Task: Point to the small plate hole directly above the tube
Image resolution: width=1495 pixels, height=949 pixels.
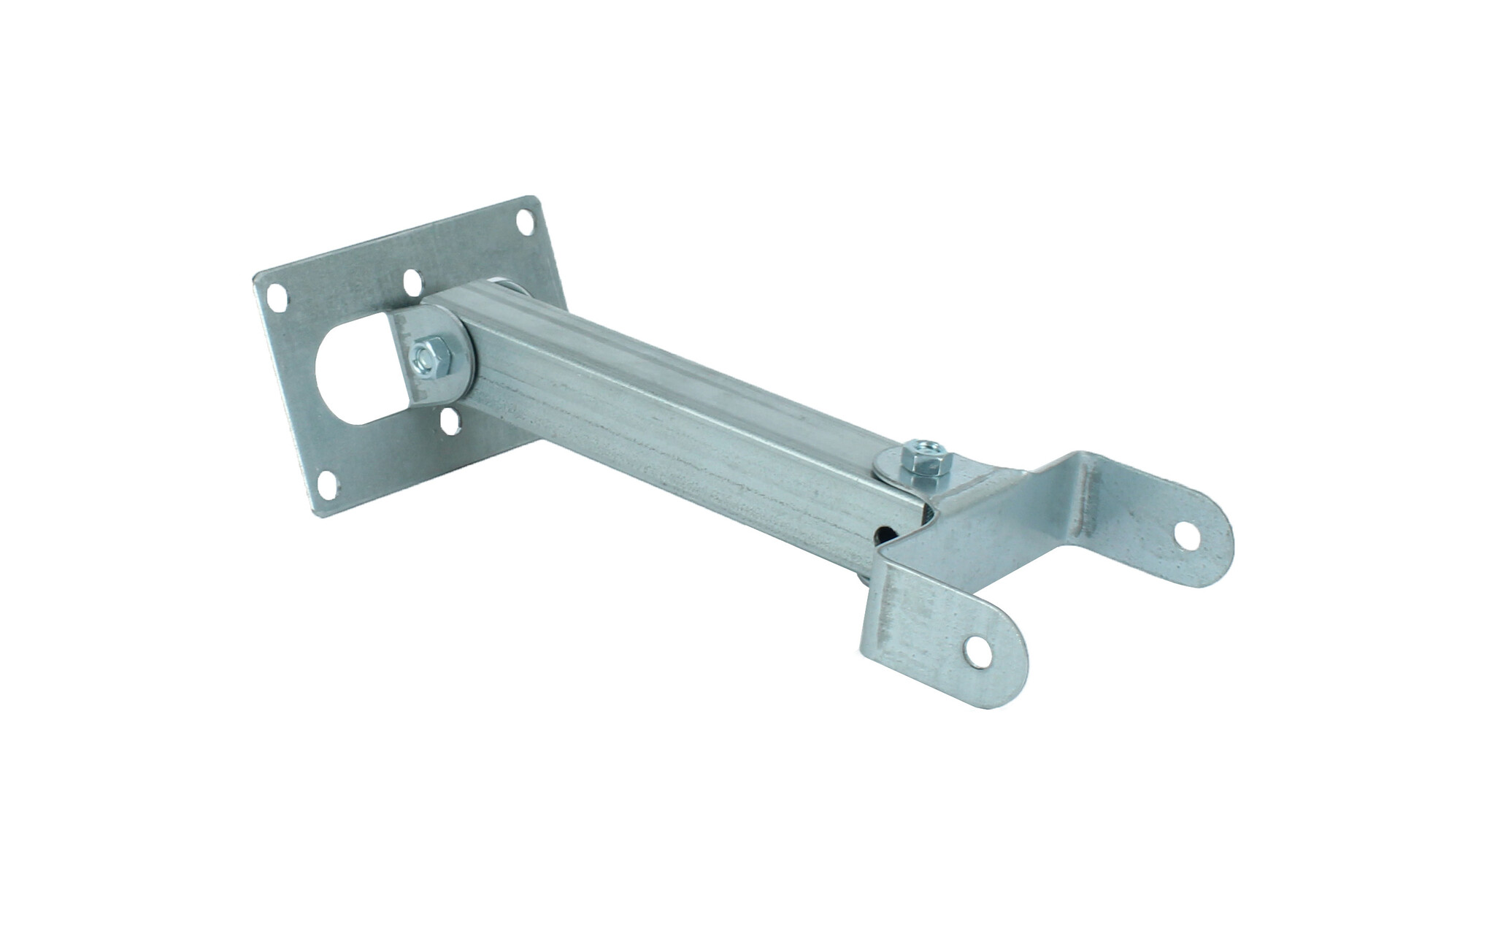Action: pyautogui.click(x=412, y=280)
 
